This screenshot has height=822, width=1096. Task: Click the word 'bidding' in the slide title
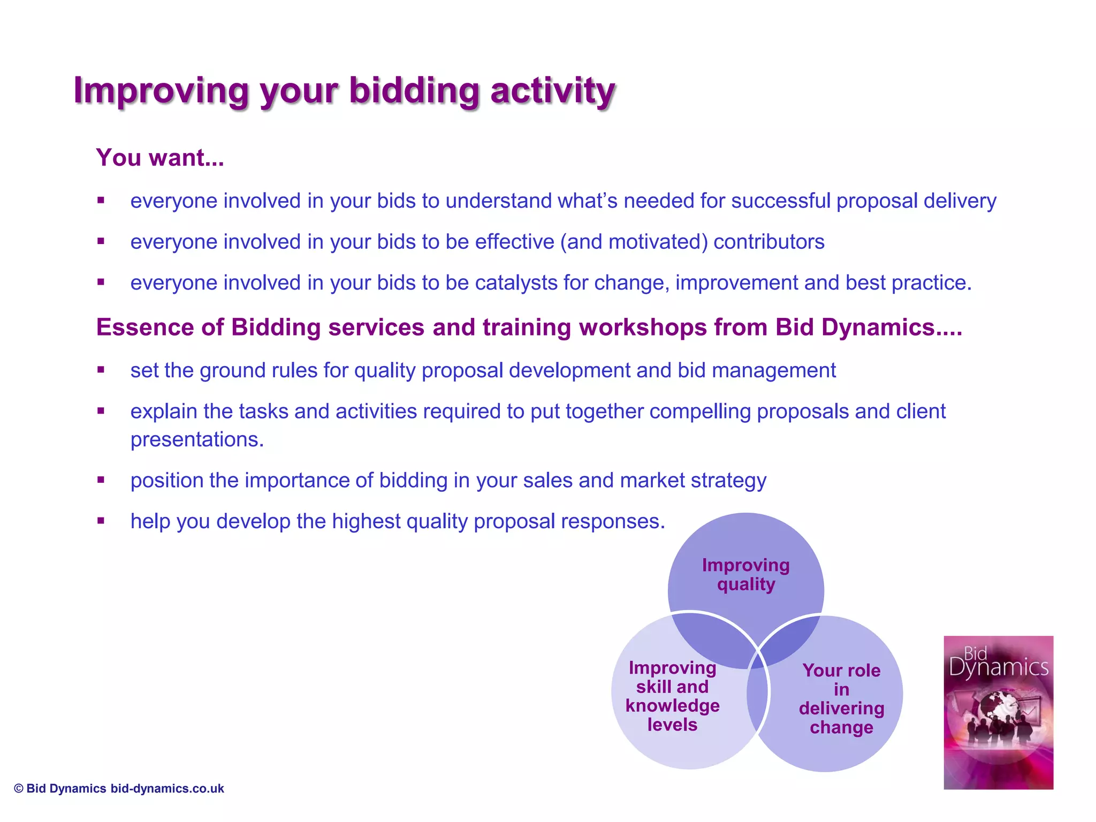[414, 90]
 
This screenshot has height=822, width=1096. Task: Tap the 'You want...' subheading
[160, 158]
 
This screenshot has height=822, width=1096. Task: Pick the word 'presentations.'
[197, 439]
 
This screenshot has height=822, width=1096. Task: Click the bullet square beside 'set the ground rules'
[101, 370]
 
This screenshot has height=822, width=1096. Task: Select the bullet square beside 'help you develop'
[101, 521]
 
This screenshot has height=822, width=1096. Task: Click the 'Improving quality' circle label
[745, 575]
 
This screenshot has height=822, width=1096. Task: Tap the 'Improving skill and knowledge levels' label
[672, 696]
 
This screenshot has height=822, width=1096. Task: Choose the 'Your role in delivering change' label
[841, 699]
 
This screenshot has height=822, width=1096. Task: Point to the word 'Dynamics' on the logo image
[998, 668]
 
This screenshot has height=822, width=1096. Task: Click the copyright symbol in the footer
[19, 788]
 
